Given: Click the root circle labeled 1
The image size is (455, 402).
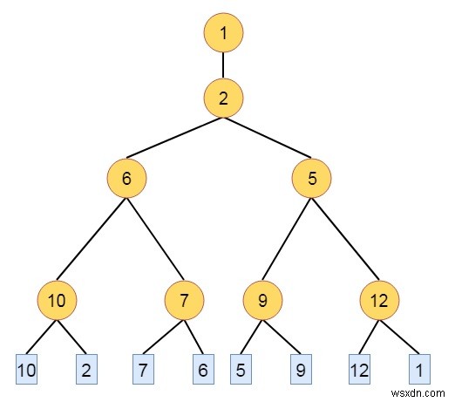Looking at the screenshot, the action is click(x=223, y=32).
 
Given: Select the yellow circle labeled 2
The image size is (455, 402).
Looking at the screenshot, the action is click(x=223, y=98).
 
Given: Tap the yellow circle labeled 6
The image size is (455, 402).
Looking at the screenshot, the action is click(x=126, y=178).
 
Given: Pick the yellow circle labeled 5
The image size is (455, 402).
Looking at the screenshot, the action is click(x=311, y=178).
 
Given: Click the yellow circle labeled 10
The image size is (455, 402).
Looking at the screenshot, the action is click(x=57, y=300).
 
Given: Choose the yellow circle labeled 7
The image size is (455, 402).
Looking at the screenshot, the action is click(x=184, y=300).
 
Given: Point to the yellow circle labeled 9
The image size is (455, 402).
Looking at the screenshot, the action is click(x=262, y=300).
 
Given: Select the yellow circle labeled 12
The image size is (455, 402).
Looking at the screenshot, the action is click(x=379, y=300).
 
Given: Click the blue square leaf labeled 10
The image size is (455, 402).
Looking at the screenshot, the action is click(x=26, y=369).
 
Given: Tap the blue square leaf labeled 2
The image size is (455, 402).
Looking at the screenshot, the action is click(x=86, y=369).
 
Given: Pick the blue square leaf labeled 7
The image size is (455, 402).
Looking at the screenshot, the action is click(x=143, y=369).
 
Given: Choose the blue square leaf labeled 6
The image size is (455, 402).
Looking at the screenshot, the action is click(x=203, y=369).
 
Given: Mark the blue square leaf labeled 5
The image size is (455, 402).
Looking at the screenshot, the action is click(x=241, y=369).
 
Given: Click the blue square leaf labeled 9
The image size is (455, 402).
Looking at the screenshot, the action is click(x=301, y=369).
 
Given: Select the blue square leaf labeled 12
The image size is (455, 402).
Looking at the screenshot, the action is click(x=359, y=369).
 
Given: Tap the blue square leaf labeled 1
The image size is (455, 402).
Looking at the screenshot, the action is click(x=419, y=369).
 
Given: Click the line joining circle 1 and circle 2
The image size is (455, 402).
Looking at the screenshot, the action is click(x=223, y=65).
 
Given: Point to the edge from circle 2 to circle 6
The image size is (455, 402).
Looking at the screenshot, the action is click(x=174, y=138).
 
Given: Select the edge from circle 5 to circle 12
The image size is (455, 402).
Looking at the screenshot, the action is click(x=345, y=239).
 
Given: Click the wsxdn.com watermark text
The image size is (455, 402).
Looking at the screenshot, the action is click(x=418, y=393).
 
